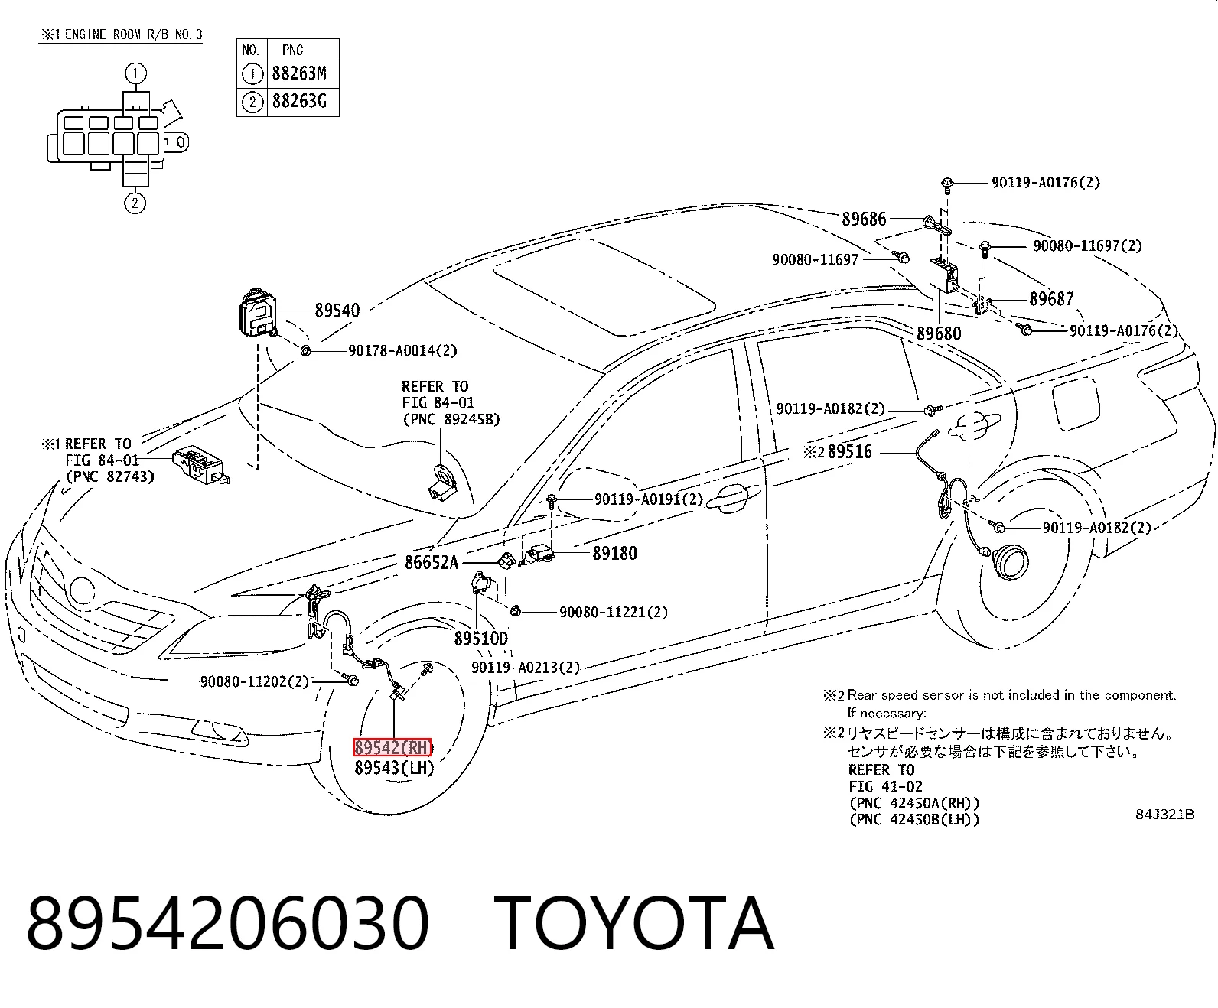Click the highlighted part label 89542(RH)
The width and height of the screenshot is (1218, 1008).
pos(392,747)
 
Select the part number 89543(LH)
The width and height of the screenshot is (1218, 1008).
pos(394,768)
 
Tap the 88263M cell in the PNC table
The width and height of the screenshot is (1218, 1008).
pos(299,73)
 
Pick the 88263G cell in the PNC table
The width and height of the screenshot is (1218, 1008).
pos(299,102)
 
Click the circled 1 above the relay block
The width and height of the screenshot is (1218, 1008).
pos(135,73)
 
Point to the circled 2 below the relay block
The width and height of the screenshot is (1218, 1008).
pos(135,203)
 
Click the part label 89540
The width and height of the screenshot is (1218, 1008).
pos(337,311)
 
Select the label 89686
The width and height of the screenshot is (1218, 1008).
pos(864,219)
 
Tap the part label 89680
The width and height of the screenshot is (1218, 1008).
pos(939,333)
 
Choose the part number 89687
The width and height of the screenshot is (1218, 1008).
pos(1051,299)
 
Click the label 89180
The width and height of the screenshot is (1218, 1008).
pos(615,553)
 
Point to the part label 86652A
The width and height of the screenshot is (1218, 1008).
pos(432,562)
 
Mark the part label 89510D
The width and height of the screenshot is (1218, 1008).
pos(481,638)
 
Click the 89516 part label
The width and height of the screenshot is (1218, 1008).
pos(850,451)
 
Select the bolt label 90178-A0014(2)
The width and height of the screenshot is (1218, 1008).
pos(402,350)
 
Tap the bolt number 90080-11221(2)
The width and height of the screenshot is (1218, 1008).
pos(614,612)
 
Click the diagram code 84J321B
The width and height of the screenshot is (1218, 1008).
pos(1164,815)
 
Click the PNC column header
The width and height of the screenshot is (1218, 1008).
pos(292,50)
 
